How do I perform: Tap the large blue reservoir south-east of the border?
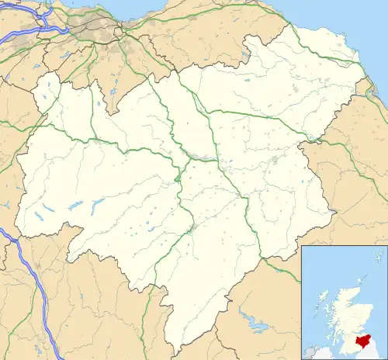[x=254, y=320]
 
